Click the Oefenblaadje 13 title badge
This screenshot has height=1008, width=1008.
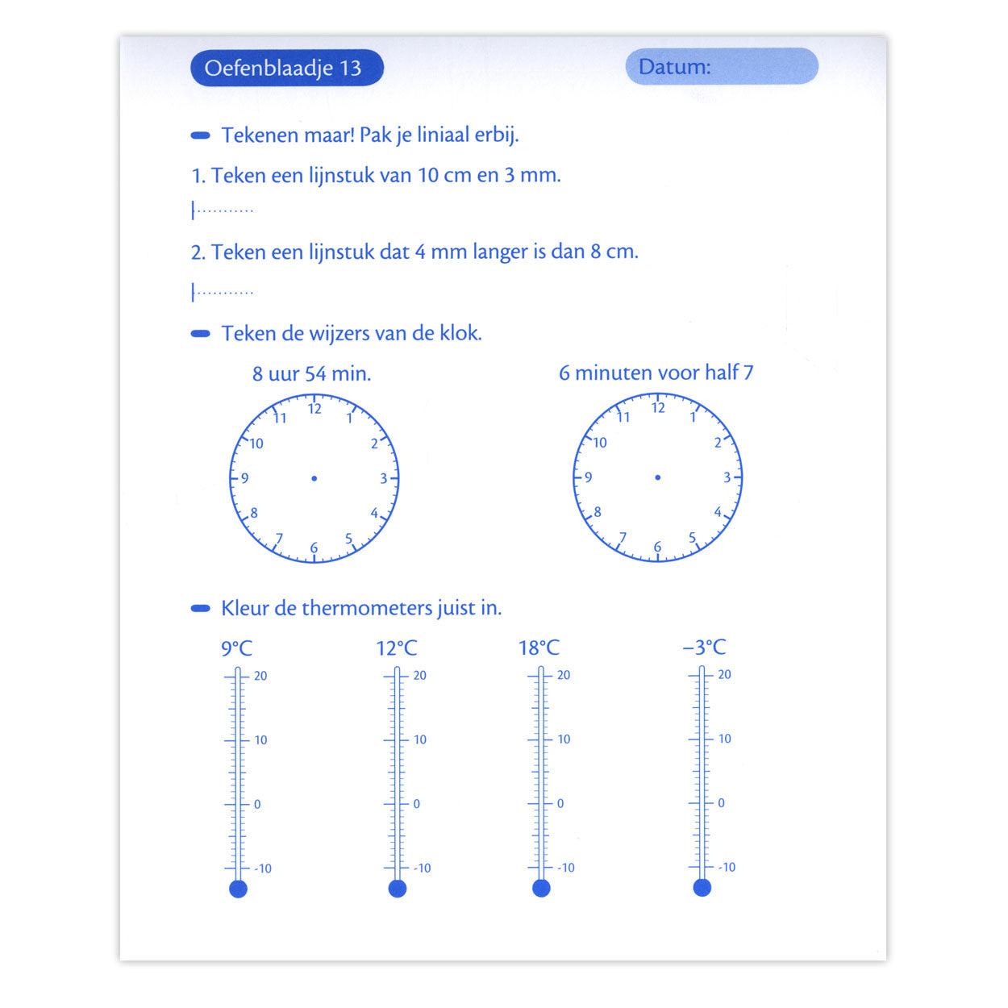pos(286,68)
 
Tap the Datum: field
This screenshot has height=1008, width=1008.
pos(722,66)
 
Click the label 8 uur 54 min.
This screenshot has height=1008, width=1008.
pos(311,374)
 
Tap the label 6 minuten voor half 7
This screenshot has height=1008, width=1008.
pos(656,373)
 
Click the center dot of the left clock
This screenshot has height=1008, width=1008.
pos(314,478)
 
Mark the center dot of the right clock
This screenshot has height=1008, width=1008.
pos(657,477)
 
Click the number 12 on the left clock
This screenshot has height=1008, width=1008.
pos(314,409)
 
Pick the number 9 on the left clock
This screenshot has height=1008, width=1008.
pos(245,478)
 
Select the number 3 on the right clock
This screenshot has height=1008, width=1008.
pos(727,477)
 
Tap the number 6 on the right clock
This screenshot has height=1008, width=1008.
pos(657,547)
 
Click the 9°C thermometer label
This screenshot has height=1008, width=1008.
pos(236,648)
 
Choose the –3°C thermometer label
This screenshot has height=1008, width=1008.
pos(704,647)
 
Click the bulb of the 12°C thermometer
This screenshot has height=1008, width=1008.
pos(397,888)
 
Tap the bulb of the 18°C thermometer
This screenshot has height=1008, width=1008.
pos(541,888)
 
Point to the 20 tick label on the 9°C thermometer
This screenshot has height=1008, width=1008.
pos(260,676)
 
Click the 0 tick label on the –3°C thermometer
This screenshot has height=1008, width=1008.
pos(721,803)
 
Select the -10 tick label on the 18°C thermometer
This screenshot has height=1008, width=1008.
pos(566,868)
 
